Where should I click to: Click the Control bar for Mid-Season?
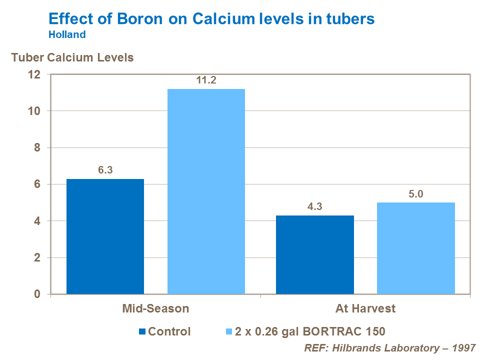(105, 236)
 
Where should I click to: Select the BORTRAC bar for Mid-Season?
(206, 191)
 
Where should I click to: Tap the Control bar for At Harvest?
(315, 255)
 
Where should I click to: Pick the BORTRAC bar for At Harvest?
(416, 248)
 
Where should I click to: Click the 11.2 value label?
(206, 80)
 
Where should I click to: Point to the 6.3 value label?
(105, 170)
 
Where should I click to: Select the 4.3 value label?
(315, 206)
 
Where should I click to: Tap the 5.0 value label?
(416, 193)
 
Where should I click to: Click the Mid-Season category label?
(155, 308)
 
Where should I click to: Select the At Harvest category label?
(365, 308)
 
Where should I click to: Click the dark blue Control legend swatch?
(142, 331)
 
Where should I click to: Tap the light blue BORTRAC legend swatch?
(229, 331)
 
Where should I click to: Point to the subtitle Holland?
(67, 35)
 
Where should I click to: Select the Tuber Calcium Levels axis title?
(72, 57)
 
